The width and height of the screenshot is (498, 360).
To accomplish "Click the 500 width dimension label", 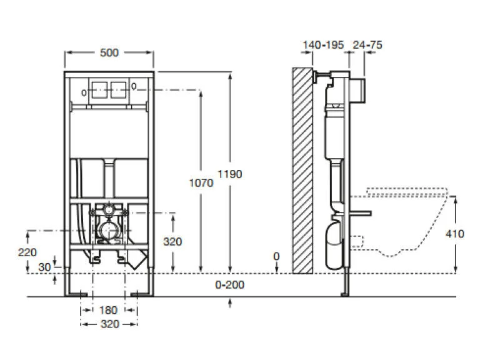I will [x=109, y=53].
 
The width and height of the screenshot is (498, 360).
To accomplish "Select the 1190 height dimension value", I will [x=230, y=174].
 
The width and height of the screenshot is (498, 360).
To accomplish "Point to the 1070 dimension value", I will [x=201, y=182].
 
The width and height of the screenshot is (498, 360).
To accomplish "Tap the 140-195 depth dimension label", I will [x=322, y=45].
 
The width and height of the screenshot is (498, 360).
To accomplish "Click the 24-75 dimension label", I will [x=367, y=45].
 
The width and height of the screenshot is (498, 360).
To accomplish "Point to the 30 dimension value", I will [x=44, y=266].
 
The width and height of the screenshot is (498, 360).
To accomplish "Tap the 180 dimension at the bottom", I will [x=109, y=311].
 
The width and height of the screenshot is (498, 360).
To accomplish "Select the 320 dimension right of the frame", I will [x=172, y=241].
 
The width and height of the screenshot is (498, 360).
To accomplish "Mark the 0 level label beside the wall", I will [x=277, y=256].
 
